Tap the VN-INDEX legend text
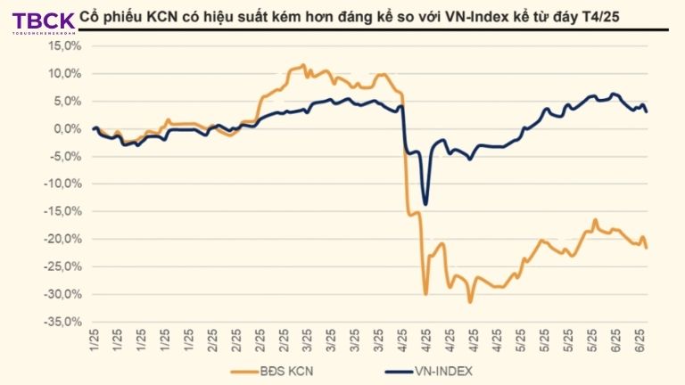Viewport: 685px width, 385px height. coord(442,371)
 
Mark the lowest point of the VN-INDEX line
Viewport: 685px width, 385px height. coord(425,204)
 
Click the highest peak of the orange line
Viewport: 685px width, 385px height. coord(303,65)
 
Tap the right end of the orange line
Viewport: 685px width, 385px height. coord(646,247)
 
